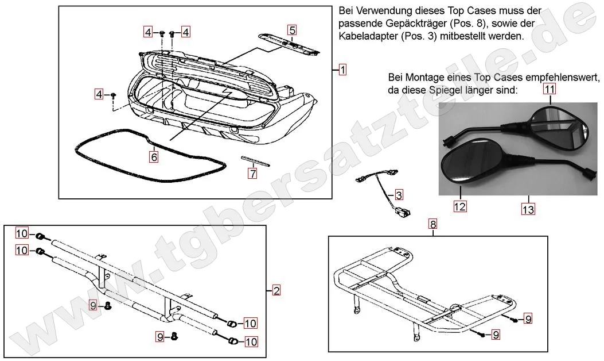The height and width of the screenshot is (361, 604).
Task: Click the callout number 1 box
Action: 342,70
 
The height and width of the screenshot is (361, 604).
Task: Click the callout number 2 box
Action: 276,291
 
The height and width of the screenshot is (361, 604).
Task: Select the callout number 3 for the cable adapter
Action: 399,194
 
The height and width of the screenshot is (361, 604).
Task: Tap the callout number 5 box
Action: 292,30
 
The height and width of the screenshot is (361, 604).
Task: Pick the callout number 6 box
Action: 154,156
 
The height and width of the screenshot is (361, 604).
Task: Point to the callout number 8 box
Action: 433,224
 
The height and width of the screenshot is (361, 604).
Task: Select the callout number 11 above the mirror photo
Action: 550,89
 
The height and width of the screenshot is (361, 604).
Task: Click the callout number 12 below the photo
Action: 460,206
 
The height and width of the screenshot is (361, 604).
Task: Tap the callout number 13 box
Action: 528,209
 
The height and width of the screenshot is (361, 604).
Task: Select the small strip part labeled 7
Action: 255,160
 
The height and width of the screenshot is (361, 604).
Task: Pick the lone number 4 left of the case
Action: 100,94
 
